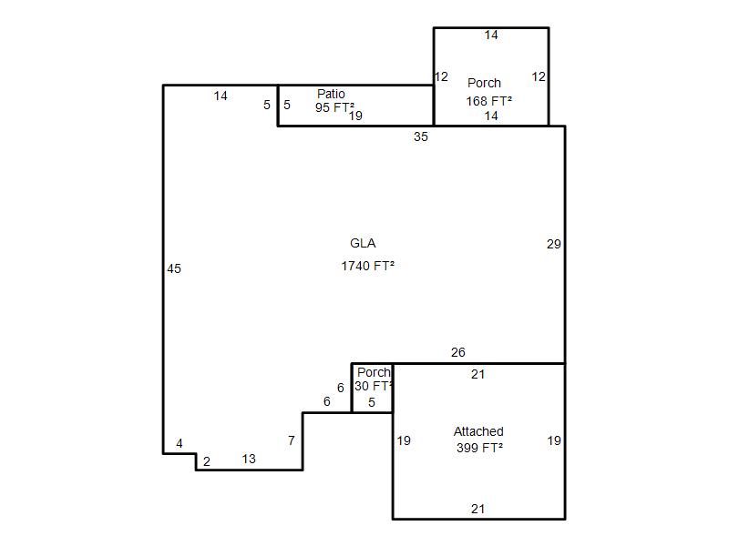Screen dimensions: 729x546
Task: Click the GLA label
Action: [x=363, y=243]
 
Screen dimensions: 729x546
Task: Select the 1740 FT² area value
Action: [x=368, y=266]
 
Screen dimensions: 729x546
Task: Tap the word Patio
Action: [x=331, y=94]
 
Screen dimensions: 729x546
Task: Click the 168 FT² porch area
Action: [x=489, y=101]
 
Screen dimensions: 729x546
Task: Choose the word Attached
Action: [x=478, y=431]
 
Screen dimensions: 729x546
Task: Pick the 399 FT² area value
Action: [x=480, y=448]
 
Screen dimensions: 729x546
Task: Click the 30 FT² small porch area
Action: [x=374, y=386]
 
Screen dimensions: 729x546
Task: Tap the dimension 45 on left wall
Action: [x=174, y=268]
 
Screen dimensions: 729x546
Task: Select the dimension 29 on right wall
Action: [x=554, y=244]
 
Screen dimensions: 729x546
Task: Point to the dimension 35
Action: [x=421, y=137]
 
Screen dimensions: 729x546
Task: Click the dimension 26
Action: [x=458, y=352]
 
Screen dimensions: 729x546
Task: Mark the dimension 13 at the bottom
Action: [x=249, y=460]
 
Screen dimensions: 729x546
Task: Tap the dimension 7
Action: [x=292, y=440]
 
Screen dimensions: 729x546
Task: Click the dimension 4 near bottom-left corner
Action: [x=180, y=444]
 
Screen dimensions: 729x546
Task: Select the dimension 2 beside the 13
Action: [x=207, y=461]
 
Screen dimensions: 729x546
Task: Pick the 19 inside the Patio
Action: [x=355, y=116]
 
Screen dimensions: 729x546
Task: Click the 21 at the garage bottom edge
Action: [x=477, y=510]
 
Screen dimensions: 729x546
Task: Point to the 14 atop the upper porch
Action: [x=491, y=35]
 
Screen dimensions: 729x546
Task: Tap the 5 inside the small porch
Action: [x=372, y=402]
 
